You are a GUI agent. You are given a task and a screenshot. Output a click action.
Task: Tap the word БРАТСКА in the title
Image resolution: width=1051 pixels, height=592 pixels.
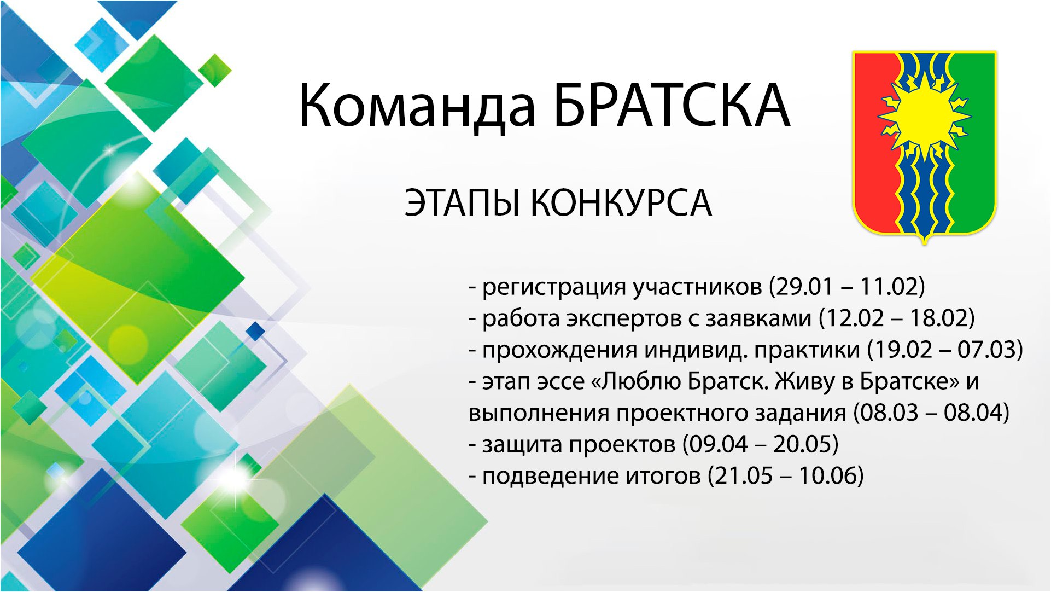(x=672, y=105)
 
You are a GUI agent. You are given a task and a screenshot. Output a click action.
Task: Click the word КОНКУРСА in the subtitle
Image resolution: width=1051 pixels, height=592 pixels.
(x=621, y=202)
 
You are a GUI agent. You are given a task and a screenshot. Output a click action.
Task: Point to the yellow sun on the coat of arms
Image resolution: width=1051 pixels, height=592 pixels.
(x=924, y=116)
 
